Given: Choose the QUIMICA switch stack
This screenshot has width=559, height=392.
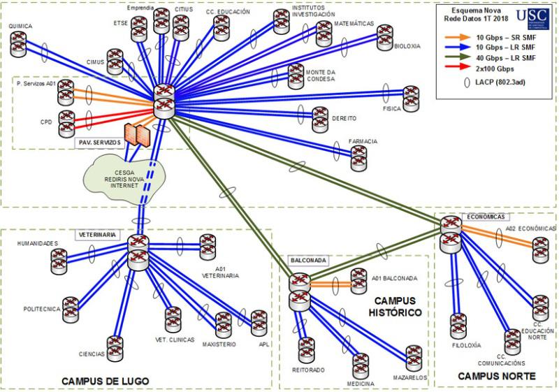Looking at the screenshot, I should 20,44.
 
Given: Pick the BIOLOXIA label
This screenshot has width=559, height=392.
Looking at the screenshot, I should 407,46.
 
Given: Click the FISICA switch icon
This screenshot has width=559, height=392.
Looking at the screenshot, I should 410,96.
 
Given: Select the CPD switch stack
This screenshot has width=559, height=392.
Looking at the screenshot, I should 67,122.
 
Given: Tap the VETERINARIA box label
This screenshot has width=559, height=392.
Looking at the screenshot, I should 96,234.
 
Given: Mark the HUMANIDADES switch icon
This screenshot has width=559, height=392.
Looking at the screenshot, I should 60,260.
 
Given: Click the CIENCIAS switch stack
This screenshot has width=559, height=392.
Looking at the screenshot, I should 115,347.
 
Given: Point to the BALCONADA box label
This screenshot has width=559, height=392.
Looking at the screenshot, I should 307,260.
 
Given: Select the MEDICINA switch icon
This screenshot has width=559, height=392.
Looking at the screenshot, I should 360,365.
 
